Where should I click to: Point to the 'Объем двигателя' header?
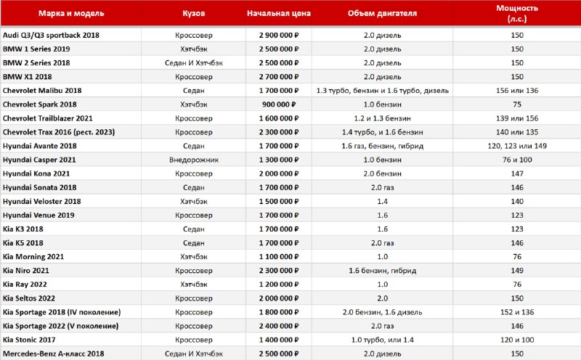click(382, 14)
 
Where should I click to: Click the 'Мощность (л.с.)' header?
click(516, 14)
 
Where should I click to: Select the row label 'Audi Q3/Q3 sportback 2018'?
click(51, 35)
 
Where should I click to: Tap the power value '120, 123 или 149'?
click(516, 146)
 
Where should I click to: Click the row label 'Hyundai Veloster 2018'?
click(42, 201)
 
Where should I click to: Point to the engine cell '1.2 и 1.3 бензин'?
click(382, 118)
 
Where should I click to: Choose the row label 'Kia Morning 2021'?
click(33, 256)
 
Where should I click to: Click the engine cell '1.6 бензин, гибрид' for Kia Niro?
click(382, 270)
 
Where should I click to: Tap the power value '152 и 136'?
click(516, 312)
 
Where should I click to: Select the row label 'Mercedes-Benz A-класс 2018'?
click(54, 353)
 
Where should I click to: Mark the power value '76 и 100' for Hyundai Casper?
click(516, 160)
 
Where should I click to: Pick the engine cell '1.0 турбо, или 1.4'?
click(382, 340)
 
